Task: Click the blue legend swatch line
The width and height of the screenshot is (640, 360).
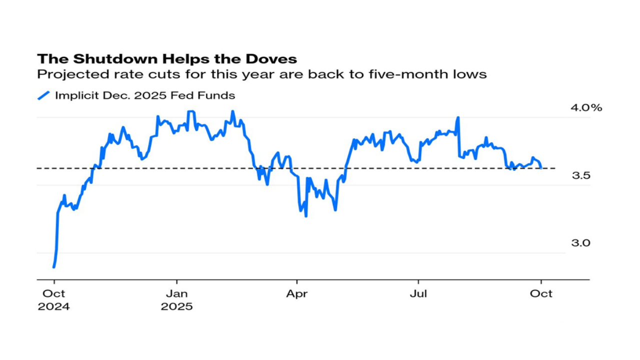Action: click(x=44, y=95)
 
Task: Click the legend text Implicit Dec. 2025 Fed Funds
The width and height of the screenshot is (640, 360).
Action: click(x=145, y=95)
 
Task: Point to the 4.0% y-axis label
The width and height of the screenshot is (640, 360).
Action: click(x=586, y=108)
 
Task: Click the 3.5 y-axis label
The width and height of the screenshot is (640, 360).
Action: click(x=581, y=175)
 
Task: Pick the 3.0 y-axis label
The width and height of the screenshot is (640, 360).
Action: click(x=581, y=243)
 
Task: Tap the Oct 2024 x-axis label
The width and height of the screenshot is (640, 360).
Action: click(x=53, y=299)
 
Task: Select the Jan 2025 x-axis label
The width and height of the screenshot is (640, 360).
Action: click(x=176, y=299)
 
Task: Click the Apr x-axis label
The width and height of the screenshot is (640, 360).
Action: click(x=297, y=293)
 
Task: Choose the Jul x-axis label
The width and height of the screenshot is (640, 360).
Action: click(x=418, y=293)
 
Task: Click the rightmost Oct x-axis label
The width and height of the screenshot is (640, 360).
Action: click(x=541, y=293)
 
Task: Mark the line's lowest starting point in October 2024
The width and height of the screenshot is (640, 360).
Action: click(x=53, y=267)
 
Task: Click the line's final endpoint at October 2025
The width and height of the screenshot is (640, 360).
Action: click(x=541, y=168)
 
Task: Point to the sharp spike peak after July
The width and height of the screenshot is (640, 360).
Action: click(x=458, y=117)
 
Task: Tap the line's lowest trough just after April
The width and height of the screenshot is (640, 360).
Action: click(x=305, y=216)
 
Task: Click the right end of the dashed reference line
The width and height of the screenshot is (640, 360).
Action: click(x=555, y=168)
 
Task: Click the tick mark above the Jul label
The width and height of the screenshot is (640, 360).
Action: click(x=418, y=281)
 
